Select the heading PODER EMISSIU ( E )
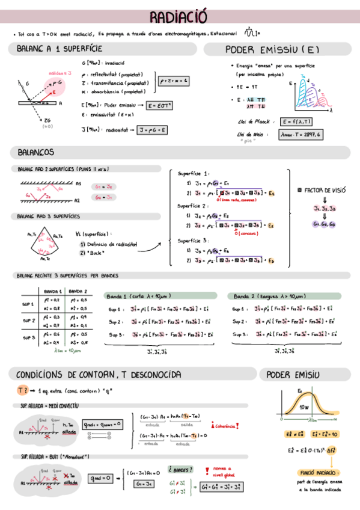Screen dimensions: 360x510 point(272,49)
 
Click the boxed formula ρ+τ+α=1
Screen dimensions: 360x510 point(173,80)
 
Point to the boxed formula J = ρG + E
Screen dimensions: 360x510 point(152,129)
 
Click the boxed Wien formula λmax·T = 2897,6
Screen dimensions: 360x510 point(301,134)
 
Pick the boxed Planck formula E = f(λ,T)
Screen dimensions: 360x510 point(296,121)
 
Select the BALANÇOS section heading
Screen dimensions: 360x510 point(37,152)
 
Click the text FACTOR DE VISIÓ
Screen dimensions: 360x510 point(323,190)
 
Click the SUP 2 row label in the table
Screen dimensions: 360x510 point(29,321)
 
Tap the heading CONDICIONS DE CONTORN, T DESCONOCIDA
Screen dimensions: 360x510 point(99,375)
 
